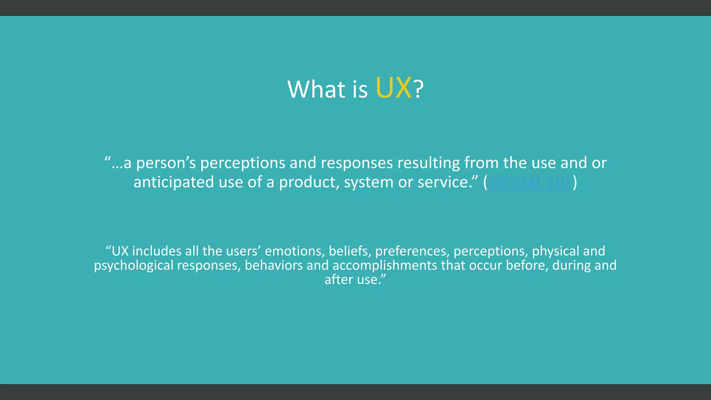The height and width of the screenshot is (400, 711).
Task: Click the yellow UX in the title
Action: pyautogui.click(x=393, y=89)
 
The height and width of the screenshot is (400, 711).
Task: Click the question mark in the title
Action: pyautogui.click(x=419, y=89)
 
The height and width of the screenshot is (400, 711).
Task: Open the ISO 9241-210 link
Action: pyautogui.click(x=529, y=183)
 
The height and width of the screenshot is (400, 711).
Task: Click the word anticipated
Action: pyautogui.click(x=174, y=182)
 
